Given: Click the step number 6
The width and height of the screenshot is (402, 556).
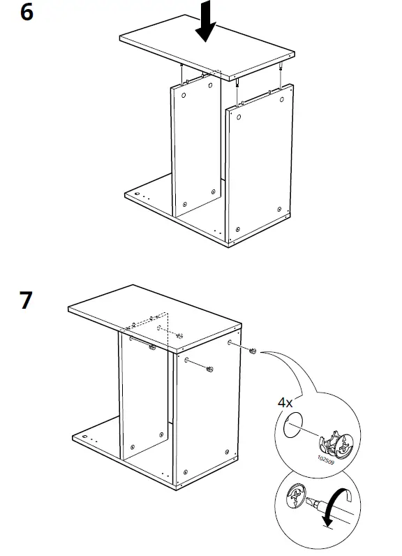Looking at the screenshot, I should point(27,13).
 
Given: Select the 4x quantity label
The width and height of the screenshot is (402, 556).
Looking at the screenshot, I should point(285,403).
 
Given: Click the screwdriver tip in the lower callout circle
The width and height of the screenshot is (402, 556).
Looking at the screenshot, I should point(311,501).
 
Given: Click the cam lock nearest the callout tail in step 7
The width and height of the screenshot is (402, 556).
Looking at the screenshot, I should point(254,350).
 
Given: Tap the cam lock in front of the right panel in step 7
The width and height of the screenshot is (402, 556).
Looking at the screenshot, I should point(209,368).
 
